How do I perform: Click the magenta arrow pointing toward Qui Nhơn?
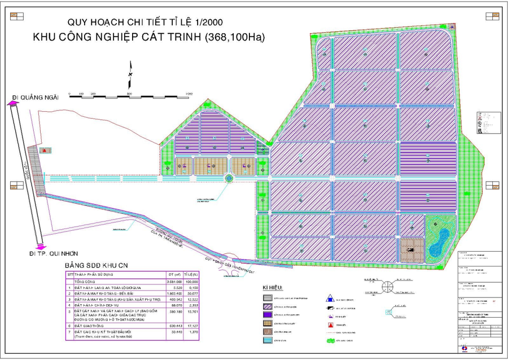tap(39, 247)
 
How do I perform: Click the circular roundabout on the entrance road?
tap(229, 178)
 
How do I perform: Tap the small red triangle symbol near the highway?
tap(45, 150)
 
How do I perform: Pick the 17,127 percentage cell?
tap(193, 325)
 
